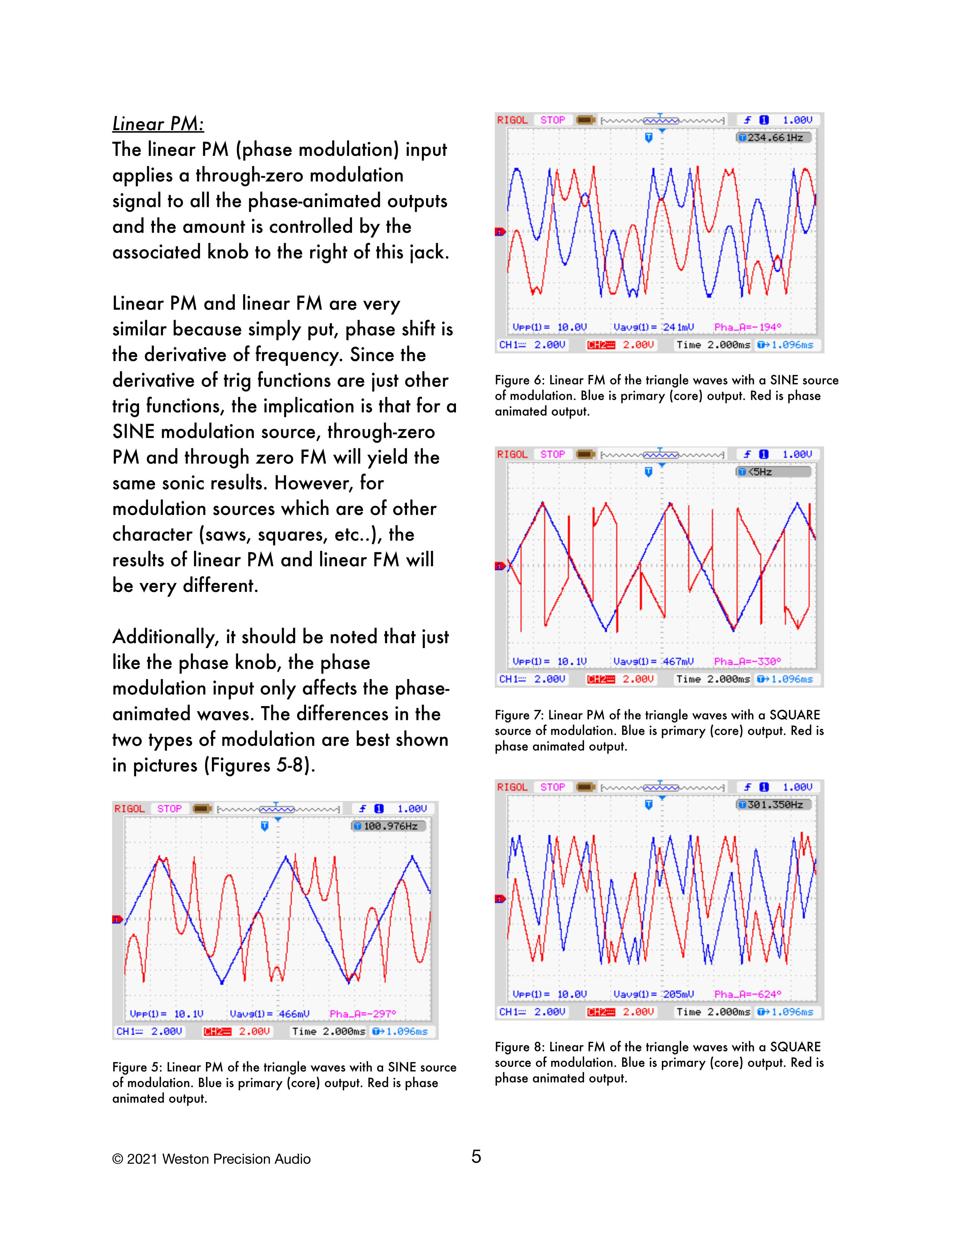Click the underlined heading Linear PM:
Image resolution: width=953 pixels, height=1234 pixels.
pos(158,124)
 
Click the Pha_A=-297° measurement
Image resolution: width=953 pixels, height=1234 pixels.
pos(363,1014)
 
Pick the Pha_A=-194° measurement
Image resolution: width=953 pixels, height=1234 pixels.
pos(747,327)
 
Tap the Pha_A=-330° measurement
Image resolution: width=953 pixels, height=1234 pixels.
pos(747,661)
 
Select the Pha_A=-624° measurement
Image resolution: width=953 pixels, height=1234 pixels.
pos(747,994)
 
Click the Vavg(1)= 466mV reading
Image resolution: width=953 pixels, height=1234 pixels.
pos(269,1014)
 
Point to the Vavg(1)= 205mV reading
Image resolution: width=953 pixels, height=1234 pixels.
pos(653,994)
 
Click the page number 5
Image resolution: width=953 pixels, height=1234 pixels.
pos(476,1157)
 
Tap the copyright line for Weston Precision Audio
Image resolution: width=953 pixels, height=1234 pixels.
pos(212,1159)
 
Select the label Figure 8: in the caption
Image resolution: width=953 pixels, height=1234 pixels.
pos(519,1047)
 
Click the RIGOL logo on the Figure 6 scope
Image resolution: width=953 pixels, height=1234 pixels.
pos(512,120)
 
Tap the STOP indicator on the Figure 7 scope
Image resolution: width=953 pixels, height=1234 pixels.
pos(552,454)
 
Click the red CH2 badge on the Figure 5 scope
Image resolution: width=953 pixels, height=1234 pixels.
pos(218,1031)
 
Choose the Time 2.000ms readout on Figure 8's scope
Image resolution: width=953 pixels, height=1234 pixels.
pos(713,1012)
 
